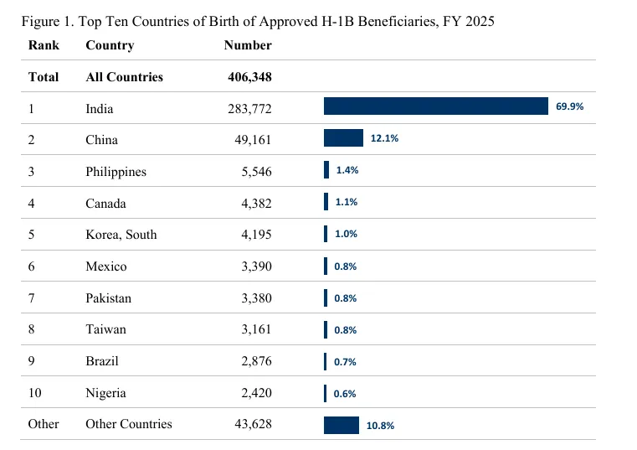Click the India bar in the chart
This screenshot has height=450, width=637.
click(x=436, y=106)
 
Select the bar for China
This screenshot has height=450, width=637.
click(x=343, y=138)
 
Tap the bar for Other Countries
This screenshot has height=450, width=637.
click(x=342, y=425)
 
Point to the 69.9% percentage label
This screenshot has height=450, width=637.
click(x=569, y=106)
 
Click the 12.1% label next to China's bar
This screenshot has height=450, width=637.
click(x=384, y=138)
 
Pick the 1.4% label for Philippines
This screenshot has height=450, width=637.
click(x=347, y=170)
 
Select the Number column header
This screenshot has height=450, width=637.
click(x=248, y=45)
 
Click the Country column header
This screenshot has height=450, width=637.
click(x=110, y=45)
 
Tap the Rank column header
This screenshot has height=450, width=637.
click(x=44, y=45)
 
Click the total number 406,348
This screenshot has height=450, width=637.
click(x=249, y=77)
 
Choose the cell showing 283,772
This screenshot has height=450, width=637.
click(x=249, y=109)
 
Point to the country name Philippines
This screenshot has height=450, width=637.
click(x=116, y=172)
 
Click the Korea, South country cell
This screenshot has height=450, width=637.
click(x=121, y=235)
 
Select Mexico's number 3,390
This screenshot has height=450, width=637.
click(x=256, y=266)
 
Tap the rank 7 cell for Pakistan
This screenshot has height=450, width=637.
click(x=31, y=298)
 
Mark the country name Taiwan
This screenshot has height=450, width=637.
click(x=105, y=329)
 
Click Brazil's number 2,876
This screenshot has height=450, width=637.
click(x=256, y=361)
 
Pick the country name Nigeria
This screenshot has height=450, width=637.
click(x=105, y=394)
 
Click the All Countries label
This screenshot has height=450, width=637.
click(x=125, y=77)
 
